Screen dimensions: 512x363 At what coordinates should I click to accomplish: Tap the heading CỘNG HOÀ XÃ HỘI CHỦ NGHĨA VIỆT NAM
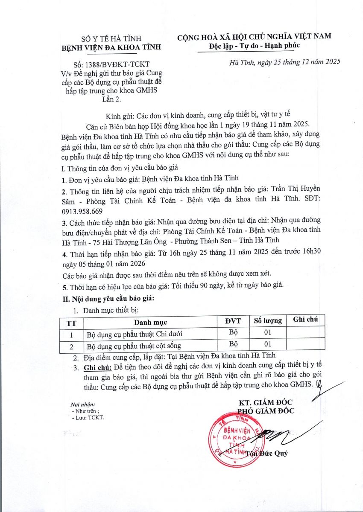click(x=255, y=37)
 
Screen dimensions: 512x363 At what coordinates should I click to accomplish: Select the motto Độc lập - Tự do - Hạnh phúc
click(x=255, y=46)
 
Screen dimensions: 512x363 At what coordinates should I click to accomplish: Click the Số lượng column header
click(x=268, y=320)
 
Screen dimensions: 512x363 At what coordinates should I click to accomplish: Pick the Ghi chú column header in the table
click(x=306, y=320)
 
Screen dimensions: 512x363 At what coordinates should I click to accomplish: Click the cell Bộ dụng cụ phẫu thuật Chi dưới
click(x=129, y=334)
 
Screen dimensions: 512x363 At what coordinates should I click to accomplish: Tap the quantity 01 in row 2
click(x=268, y=344)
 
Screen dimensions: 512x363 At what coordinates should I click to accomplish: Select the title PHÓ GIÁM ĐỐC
click(x=266, y=411)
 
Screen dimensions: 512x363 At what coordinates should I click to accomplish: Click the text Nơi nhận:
click(x=83, y=404)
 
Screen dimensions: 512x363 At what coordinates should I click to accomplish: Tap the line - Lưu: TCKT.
click(x=88, y=417)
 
